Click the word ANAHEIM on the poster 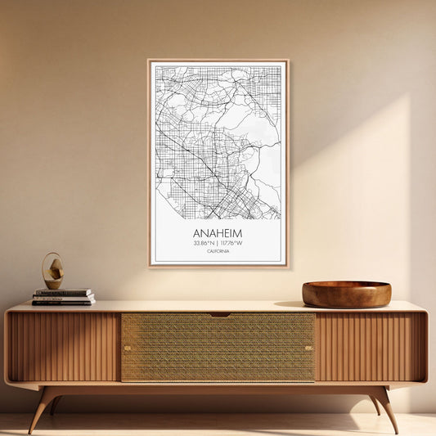pyautogui.click(x=218, y=233)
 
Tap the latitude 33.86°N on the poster pyautogui.click(x=205, y=243)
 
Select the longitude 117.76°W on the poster pyautogui.click(x=231, y=243)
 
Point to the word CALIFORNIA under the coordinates pyautogui.click(x=218, y=251)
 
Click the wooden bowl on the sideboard pyautogui.click(x=346, y=294)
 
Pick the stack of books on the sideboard pyautogui.click(x=63, y=297)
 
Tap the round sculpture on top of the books pyautogui.click(x=52, y=271)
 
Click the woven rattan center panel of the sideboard pyautogui.click(x=218, y=348)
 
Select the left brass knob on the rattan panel pyautogui.click(x=126, y=348)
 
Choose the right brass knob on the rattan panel pyautogui.click(x=309, y=348)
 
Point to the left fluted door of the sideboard pyautogui.click(x=64, y=347)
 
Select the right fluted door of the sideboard pyautogui.click(x=370, y=347)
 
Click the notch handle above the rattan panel pyautogui.click(x=218, y=314)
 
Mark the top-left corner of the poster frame pyautogui.click(x=149, y=61)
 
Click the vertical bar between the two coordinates pyautogui.click(x=218, y=243)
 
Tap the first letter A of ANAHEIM pyautogui.click(x=197, y=233)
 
